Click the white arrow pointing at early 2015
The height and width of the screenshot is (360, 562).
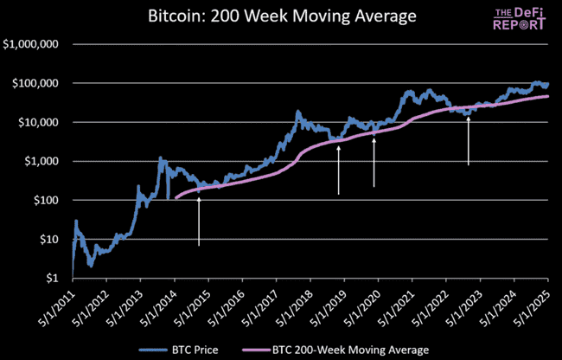pyautogui.click(x=199, y=222)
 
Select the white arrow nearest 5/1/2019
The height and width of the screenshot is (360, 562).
pyautogui.click(x=338, y=170)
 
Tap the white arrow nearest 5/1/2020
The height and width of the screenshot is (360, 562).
pyautogui.click(x=374, y=162)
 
